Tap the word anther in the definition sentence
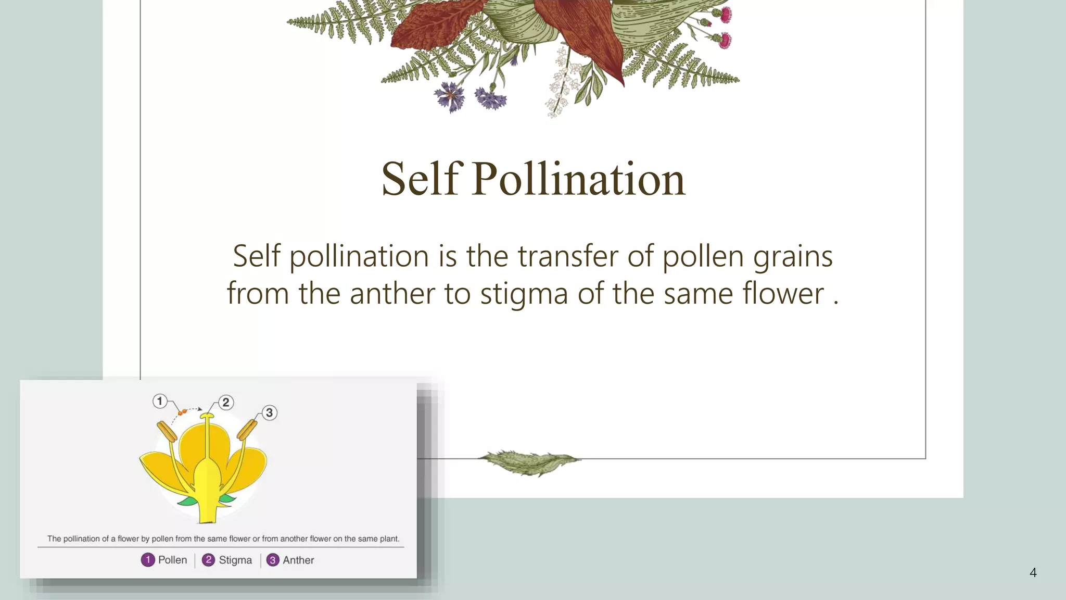391,293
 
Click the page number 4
1033,573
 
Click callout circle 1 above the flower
160,401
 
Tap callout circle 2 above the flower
225,402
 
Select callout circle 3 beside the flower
269,413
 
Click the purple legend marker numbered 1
148,560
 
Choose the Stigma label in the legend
235,560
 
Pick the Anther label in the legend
298,560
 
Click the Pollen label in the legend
172,560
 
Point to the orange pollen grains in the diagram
182,412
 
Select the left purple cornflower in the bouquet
450,96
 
